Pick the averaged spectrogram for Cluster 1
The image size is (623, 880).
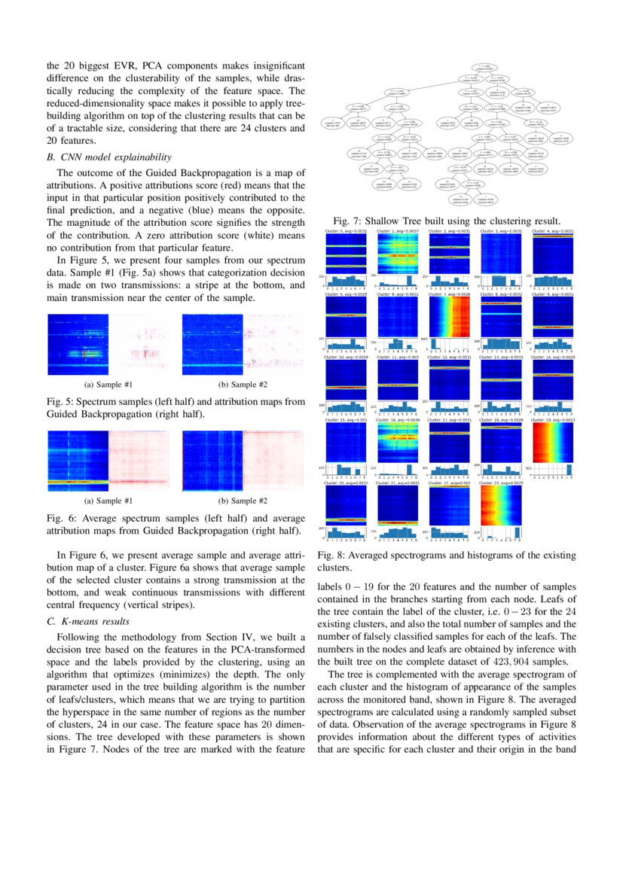coord(398,252)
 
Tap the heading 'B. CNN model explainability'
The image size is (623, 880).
coord(108,157)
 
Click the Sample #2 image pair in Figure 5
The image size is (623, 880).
coord(243,345)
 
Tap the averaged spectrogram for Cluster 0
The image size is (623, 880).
coord(346,252)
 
